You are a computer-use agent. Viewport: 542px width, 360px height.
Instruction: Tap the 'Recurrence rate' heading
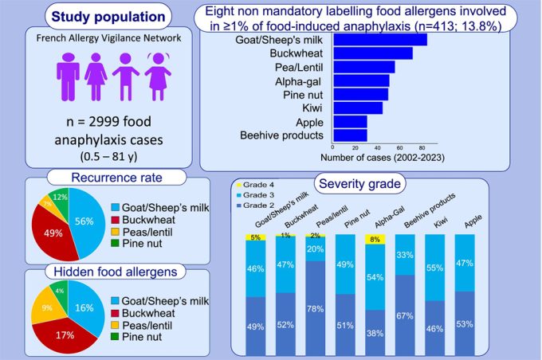106,175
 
